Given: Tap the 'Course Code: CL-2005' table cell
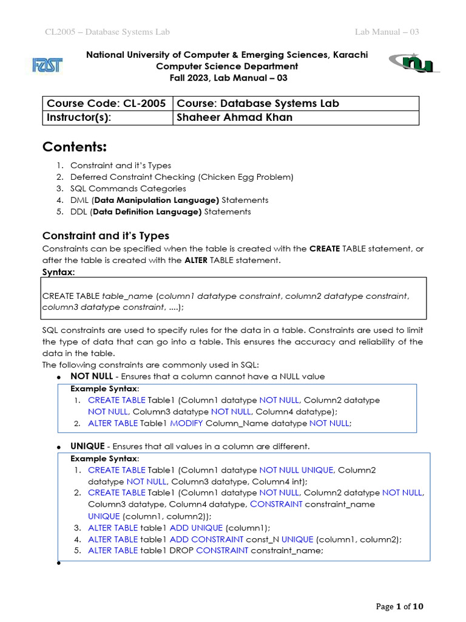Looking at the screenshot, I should pos(107,103).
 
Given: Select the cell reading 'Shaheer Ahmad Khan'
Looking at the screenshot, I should pos(234,118).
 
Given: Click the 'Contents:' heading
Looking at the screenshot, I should pos(74,148).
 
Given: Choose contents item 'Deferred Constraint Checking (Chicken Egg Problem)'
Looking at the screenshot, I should pos(181,177).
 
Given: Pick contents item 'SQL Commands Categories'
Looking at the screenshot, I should pos(128,188).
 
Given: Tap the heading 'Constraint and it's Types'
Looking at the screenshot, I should pos(106,236).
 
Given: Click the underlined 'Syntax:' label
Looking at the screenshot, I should pos(58,272).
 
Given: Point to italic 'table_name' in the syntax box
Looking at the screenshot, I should pos(128,296).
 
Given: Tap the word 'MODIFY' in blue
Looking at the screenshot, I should pos(186,423).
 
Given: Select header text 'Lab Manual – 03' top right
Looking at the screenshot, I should pos(387,32).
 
